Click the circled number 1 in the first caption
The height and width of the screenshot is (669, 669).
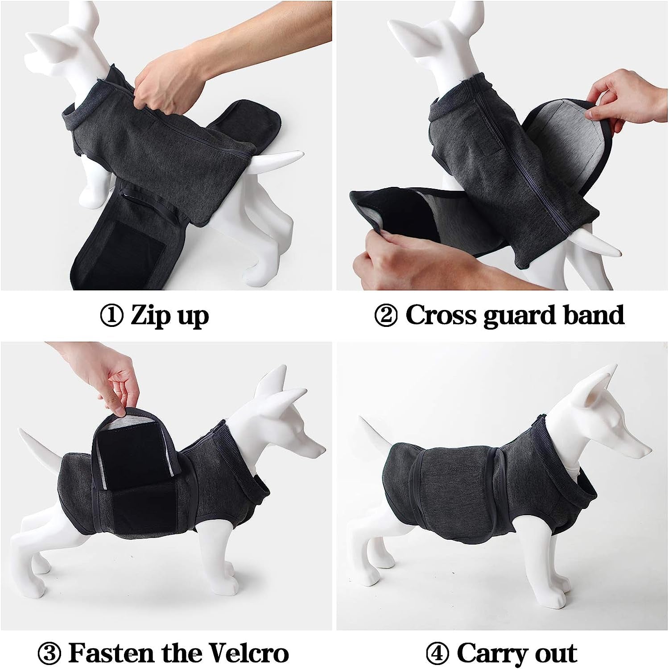(111, 316)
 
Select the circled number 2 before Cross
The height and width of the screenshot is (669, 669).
(386, 316)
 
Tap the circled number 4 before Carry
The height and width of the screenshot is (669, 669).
(438, 654)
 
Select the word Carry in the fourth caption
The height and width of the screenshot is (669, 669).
(491, 654)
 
